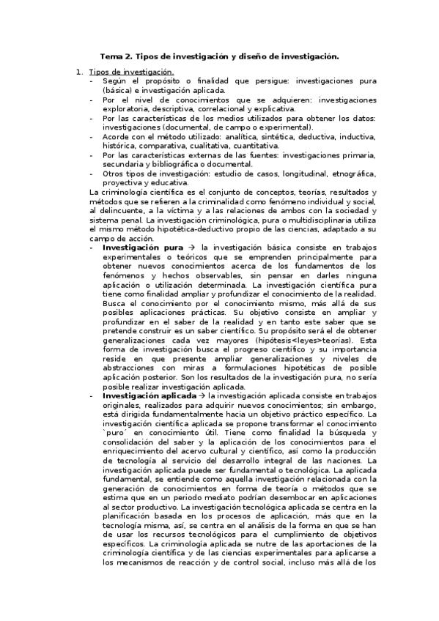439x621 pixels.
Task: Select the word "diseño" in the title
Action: pos(262,56)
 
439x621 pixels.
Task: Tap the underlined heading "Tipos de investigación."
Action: pos(130,72)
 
